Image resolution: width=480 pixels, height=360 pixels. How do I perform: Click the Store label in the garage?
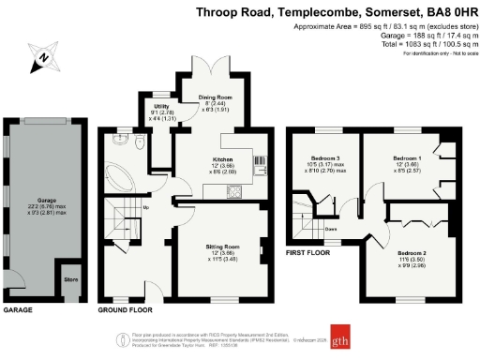(x=71, y=278)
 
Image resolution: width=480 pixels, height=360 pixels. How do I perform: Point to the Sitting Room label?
(x=224, y=247)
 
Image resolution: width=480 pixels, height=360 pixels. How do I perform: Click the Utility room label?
(x=160, y=107)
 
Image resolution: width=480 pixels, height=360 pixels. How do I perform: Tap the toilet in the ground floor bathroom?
(x=140, y=145)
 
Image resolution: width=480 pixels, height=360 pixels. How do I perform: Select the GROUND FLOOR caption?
(x=126, y=309)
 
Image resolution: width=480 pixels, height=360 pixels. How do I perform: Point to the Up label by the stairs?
(x=145, y=208)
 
